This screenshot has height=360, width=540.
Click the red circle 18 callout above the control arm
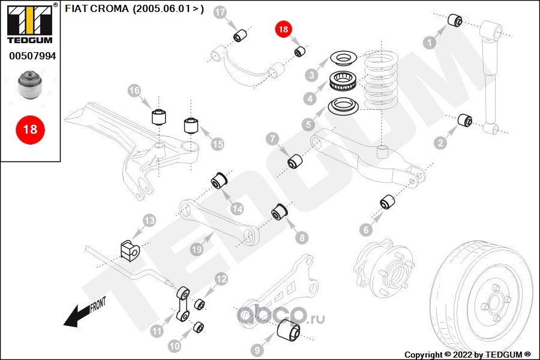[x=283, y=29]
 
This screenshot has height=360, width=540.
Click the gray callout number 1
[x=430, y=43]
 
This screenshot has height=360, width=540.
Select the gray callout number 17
[x=220, y=13]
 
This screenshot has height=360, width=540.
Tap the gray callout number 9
[x=257, y=350]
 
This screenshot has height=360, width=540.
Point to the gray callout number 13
[x=149, y=220]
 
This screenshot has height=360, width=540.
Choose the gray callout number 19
[x=197, y=249]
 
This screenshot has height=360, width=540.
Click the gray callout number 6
[x=366, y=229]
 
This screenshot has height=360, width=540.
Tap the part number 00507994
[x=32, y=56]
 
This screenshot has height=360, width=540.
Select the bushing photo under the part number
[x=30, y=85]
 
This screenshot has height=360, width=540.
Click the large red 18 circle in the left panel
[x=31, y=130]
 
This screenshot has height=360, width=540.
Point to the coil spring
[x=380, y=79]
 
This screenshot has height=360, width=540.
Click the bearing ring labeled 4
[x=343, y=80]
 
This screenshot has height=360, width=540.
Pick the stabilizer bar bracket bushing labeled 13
[x=129, y=250]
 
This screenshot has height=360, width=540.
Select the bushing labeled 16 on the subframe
[x=159, y=116]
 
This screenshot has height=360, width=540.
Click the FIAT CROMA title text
[x=134, y=8]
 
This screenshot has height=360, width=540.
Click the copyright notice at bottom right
[x=467, y=355]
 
